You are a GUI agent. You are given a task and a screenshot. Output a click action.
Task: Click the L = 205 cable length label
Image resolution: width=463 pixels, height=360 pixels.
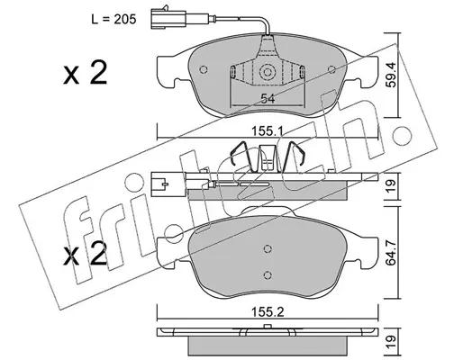[113, 20]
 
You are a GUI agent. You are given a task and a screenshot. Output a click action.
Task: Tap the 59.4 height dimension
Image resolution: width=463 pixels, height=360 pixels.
[391, 75]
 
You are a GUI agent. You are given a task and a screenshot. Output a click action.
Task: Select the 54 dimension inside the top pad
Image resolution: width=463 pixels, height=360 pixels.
[268, 99]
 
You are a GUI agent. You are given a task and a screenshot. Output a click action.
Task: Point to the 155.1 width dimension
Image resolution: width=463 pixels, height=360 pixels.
[268, 131]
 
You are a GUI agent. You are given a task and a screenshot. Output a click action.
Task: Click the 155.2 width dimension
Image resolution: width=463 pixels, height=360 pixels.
[268, 312]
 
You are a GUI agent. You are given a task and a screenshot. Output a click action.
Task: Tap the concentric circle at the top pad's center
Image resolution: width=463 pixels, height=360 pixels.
[268, 72]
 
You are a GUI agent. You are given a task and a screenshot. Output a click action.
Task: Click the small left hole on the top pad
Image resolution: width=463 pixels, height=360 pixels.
[204, 69]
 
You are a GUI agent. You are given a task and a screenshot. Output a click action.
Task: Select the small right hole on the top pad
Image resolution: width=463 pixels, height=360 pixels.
[331, 69]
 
